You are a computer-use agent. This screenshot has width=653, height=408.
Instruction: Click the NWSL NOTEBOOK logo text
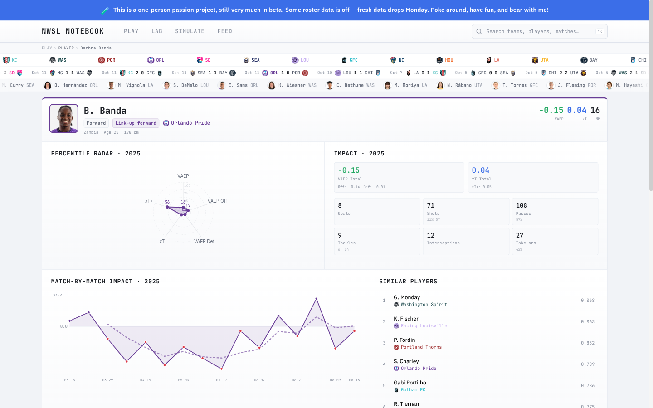[x=73, y=31]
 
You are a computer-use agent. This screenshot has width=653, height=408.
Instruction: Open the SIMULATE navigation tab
[x=190, y=31]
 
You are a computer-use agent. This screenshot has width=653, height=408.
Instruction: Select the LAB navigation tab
[x=156, y=31]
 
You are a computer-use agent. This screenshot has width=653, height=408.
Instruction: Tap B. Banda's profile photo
[x=63, y=118]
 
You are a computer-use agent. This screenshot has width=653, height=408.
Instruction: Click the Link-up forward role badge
[x=136, y=123]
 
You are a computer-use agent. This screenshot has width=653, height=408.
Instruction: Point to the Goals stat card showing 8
[x=377, y=211]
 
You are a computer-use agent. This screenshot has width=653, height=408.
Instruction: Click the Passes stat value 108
[x=521, y=205]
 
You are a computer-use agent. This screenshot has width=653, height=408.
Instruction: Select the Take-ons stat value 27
[x=520, y=235]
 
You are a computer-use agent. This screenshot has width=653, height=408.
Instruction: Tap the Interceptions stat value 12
[x=431, y=235]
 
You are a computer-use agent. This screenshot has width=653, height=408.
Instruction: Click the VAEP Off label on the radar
[x=217, y=201]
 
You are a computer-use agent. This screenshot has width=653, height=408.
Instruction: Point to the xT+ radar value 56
[x=167, y=202]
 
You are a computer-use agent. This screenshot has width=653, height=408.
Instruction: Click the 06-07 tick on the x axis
[x=259, y=380]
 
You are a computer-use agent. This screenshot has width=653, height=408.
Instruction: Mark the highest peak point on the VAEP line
[x=316, y=299]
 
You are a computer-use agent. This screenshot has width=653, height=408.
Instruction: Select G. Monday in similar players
[x=407, y=297]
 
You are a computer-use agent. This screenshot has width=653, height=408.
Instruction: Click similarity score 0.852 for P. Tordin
[x=587, y=343]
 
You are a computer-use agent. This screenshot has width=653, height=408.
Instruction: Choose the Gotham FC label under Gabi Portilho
[x=413, y=390]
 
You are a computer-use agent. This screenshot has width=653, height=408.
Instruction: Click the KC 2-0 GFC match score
[x=141, y=73]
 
